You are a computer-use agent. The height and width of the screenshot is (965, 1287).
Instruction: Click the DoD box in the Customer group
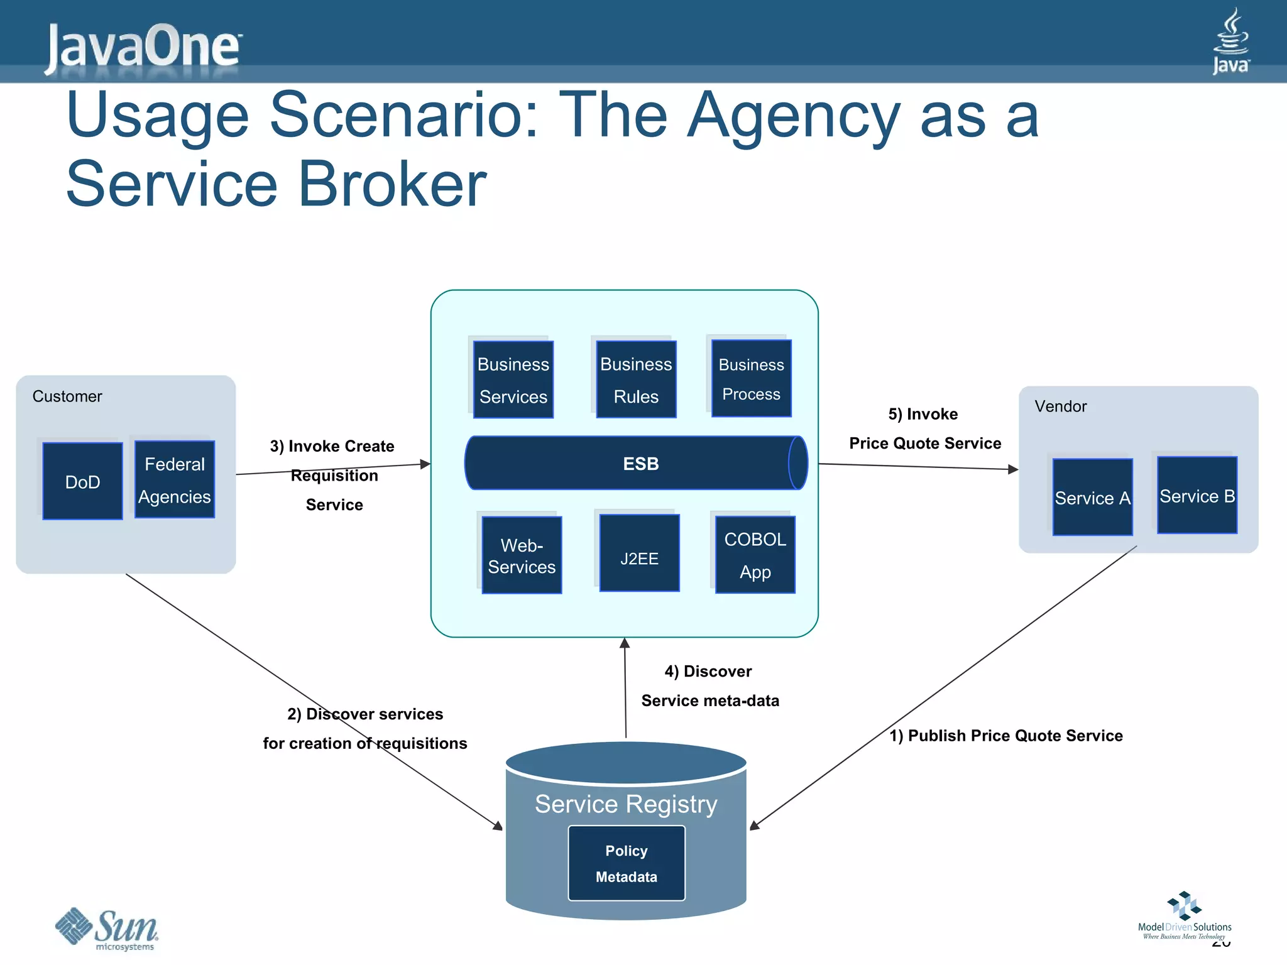click(82, 481)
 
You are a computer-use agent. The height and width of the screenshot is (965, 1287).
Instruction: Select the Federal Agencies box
click(175, 479)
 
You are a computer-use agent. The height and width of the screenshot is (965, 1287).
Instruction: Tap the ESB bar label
click(640, 464)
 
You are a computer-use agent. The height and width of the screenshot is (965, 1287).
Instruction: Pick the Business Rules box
click(636, 379)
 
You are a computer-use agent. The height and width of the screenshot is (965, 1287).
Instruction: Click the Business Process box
click(751, 379)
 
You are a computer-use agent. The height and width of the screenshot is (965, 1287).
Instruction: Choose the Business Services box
click(513, 379)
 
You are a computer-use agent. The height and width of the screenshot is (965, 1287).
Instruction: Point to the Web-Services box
click(522, 555)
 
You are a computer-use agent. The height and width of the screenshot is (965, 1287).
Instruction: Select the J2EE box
click(639, 553)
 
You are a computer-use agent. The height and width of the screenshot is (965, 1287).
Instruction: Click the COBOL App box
click(755, 555)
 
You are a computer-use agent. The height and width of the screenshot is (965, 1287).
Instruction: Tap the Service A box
click(1092, 497)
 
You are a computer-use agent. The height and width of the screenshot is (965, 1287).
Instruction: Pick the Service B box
click(1197, 495)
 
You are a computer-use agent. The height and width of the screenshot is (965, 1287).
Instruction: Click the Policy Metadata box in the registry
click(627, 863)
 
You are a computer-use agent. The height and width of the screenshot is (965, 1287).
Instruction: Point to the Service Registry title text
click(626, 804)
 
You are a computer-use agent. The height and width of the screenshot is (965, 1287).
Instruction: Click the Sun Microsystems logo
click(107, 929)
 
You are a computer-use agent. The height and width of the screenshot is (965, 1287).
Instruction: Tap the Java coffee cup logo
click(1230, 41)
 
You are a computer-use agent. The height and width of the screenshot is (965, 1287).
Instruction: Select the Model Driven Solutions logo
click(1184, 916)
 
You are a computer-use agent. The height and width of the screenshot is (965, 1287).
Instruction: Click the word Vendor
click(1060, 406)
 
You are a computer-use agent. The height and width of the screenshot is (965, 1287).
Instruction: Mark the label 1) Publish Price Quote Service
click(1005, 736)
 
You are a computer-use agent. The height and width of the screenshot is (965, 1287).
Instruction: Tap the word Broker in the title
click(392, 184)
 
